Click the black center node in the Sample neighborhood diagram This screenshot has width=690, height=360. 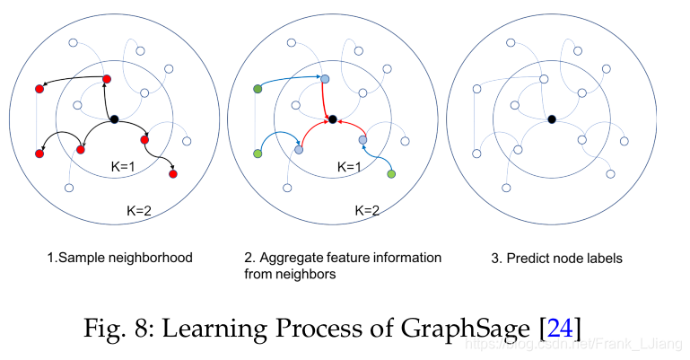tap(114, 119)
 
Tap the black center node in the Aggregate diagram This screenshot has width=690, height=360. tap(332, 119)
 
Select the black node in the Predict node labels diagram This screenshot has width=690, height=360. tap(551, 119)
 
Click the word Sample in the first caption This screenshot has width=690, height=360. tap(77, 258)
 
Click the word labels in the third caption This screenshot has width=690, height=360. tap(607, 259)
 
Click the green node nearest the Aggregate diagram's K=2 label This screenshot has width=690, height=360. tap(390, 171)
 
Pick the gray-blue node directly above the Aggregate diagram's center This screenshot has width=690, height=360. tap(325, 80)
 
